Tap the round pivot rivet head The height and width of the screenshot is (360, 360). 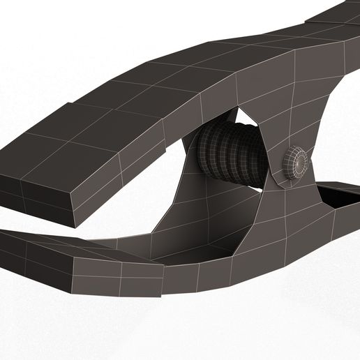pyautogui.click(x=298, y=163)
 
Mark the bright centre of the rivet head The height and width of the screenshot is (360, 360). pyautogui.click(x=301, y=161)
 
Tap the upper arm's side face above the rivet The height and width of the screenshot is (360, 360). pyautogui.click(x=293, y=105)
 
